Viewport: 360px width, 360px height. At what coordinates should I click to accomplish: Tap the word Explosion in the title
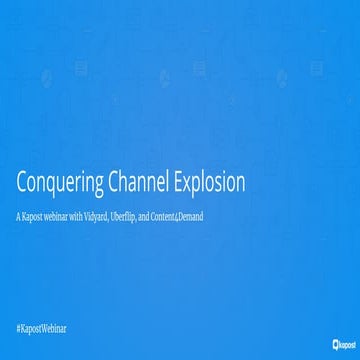coord(208,186)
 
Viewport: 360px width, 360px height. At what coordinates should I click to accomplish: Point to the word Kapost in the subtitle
coord(35,216)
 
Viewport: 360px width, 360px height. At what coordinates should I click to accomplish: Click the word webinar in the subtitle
coord(62,216)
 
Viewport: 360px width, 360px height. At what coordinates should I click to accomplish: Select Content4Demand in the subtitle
coord(181,216)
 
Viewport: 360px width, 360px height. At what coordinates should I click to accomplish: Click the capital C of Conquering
coord(24,185)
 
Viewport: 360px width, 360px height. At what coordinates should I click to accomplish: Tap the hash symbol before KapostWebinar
coord(21,328)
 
